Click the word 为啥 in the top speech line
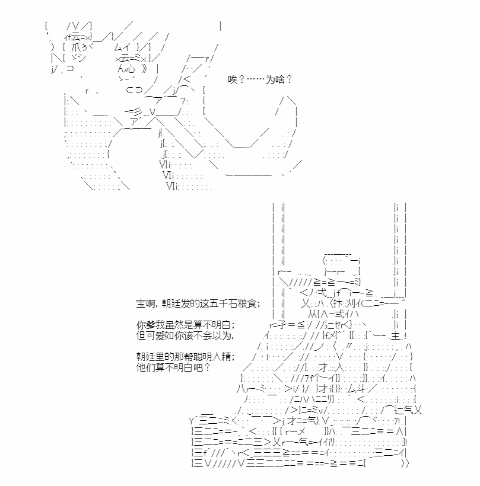[x=275, y=79]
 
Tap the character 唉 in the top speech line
[x=233, y=79]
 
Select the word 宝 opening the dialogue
[x=141, y=303]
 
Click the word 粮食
[x=247, y=303]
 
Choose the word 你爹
[x=146, y=325]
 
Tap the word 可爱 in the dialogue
[x=155, y=335]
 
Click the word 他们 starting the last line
[x=146, y=367]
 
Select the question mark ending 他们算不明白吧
[x=207, y=367]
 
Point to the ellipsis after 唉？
[x=256, y=79]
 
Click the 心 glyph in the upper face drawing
[x=131, y=69]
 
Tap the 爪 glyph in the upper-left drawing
[x=76, y=47]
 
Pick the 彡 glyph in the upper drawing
[x=138, y=111]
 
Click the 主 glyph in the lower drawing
[x=395, y=335]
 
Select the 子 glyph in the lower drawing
[x=282, y=325]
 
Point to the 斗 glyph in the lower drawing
[x=361, y=388]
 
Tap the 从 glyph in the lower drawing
[x=313, y=314]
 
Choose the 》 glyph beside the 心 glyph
[x=145, y=69]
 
